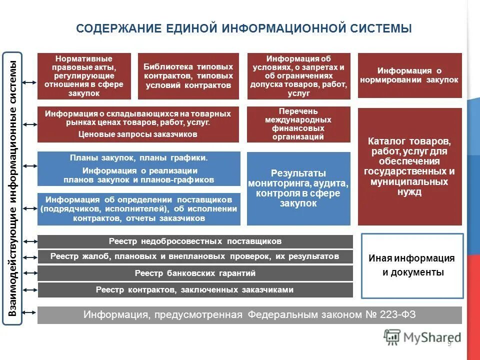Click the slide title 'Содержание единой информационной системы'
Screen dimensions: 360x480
244,28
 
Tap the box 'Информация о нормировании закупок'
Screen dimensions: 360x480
410,75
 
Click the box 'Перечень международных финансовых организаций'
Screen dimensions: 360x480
298,124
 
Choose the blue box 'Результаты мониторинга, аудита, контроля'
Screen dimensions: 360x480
298,188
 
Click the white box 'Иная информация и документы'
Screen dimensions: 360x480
412,265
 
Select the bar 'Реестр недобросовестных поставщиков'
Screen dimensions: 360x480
195,241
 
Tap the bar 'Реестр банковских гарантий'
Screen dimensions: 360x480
195,273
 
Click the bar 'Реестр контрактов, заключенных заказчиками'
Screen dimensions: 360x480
195,290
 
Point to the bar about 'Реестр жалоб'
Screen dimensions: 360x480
195,257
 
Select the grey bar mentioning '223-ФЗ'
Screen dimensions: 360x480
249,315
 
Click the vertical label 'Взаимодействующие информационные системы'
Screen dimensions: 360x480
13,188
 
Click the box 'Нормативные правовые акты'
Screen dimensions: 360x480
84,76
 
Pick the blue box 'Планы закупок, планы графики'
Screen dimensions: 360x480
138,168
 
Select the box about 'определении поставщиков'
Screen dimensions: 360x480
138,208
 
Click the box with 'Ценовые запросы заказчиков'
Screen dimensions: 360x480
138,124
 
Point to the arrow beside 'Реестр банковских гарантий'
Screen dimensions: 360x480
30,273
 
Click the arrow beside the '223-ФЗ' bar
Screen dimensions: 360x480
30,315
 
